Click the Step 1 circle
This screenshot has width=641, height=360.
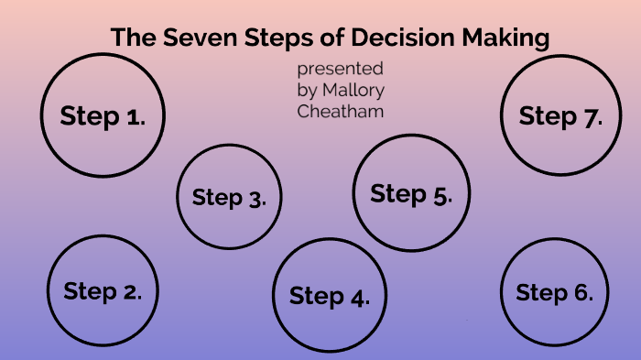(103, 115)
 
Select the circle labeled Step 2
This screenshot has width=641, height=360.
(103, 290)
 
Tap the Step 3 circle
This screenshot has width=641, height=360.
(229, 196)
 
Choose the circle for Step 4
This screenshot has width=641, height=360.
(330, 294)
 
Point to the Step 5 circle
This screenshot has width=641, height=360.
(410, 193)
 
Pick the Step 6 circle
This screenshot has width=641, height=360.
(555, 292)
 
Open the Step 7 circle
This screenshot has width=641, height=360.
(560, 115)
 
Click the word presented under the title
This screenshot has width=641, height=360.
(340, 71)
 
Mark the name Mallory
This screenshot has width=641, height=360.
(352, 91)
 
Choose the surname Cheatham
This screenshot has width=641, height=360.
(341, 111)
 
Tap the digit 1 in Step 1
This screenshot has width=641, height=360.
(135, 116)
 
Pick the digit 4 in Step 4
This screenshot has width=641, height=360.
(359, 296)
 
